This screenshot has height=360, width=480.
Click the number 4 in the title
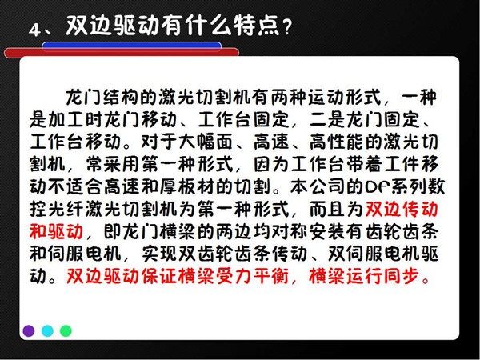click(34, 30)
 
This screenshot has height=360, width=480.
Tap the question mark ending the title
click(287, 27)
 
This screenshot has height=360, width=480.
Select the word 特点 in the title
click(257, 25)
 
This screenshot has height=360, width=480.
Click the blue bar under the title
click(132, 46)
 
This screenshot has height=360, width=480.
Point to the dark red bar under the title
click(122, 54)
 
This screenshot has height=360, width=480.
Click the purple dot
click(29, 331)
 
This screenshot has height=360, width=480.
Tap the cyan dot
click(47, 331)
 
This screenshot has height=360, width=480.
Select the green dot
click(66, 331)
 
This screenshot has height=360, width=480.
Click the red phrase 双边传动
click(402, 210)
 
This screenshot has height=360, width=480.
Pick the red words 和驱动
click(56, 232)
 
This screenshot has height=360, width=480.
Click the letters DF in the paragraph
click(375, 186)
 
